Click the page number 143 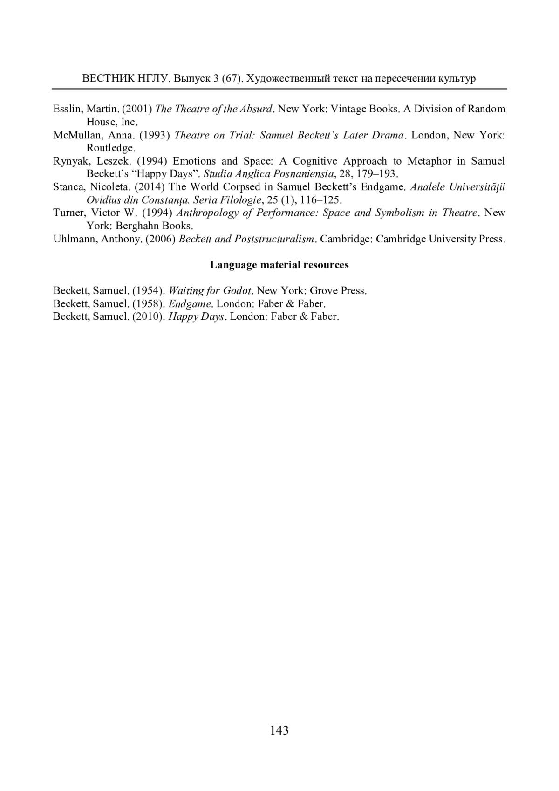point(279,730)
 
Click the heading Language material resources point(279,265)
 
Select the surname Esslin point(67,109)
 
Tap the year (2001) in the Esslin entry point(137,109)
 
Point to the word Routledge point(110,148)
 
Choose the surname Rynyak point(70,161)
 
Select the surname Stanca point(68,187)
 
